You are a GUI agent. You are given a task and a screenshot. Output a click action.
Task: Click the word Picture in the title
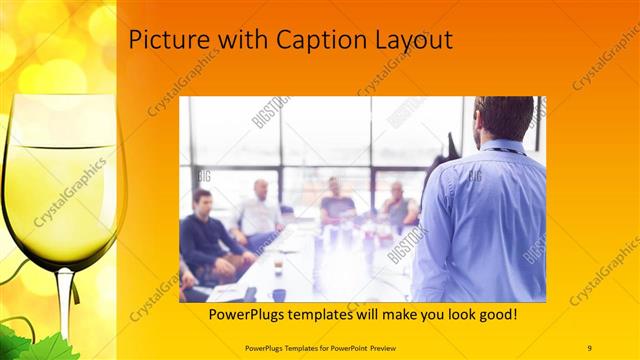[x=163, y=40]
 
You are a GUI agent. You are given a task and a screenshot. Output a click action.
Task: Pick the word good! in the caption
[x=494, y=315]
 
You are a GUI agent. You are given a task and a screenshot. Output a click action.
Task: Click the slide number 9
[x=589, y=347]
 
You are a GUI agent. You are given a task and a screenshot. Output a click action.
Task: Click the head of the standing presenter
[x=505, y=118]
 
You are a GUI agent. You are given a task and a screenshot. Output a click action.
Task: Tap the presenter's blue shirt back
[x=480, y=220]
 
